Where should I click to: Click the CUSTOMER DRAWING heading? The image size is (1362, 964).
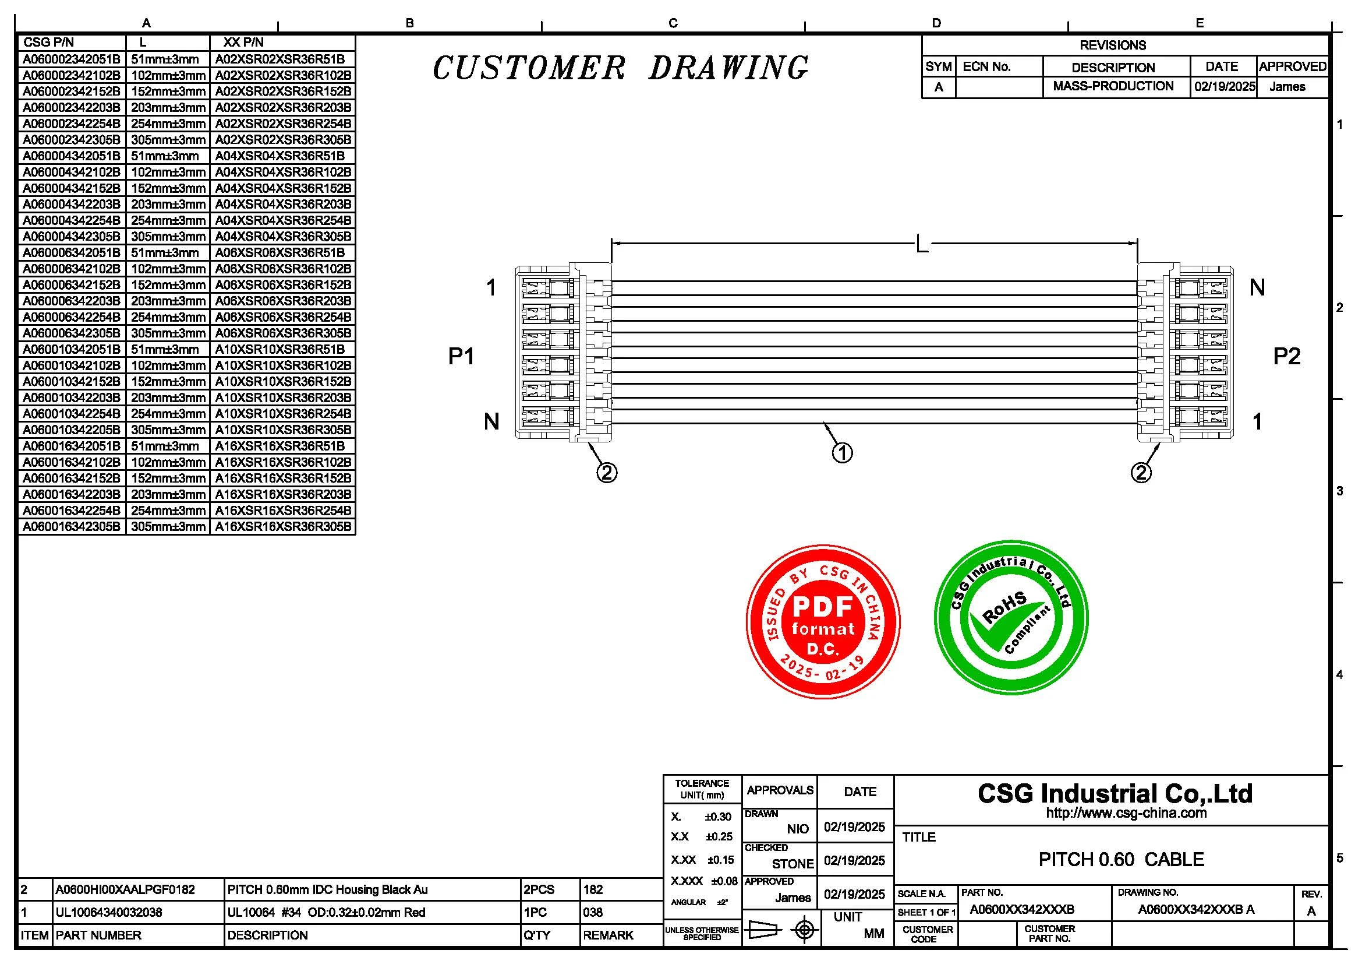click(620, 68)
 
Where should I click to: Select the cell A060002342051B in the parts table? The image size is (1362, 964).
click(71, 59)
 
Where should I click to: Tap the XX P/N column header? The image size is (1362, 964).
click(243, 43)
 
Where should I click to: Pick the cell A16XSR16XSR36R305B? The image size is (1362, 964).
click(283, 526)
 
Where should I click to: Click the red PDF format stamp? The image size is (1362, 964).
click(823, 621)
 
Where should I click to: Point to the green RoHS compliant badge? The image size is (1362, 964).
click(1011, 617)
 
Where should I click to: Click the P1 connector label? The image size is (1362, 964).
click(461, 356)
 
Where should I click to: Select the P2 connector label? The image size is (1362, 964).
click(1287, 356)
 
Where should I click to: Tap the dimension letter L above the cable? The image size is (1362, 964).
click(921, 244)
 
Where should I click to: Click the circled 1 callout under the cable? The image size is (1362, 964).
click(843, 453)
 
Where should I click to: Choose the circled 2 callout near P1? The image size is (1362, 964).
click(607, 473)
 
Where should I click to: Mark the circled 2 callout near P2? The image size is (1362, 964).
click(1141, 473)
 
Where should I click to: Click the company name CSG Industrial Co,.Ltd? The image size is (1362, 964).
click(1115, 794)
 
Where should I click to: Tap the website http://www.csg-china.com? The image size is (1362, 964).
click(1126, 813)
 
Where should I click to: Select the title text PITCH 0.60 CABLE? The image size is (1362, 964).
click(1121, 859)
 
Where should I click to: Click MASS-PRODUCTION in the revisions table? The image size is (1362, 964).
click(1113, 87)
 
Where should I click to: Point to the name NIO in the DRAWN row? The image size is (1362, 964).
click(798, 829)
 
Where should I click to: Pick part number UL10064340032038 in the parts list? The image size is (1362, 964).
click(108, 912)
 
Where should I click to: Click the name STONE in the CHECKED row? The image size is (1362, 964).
click(793, 864)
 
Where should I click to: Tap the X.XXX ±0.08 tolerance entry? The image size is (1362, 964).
click(703, 881)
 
